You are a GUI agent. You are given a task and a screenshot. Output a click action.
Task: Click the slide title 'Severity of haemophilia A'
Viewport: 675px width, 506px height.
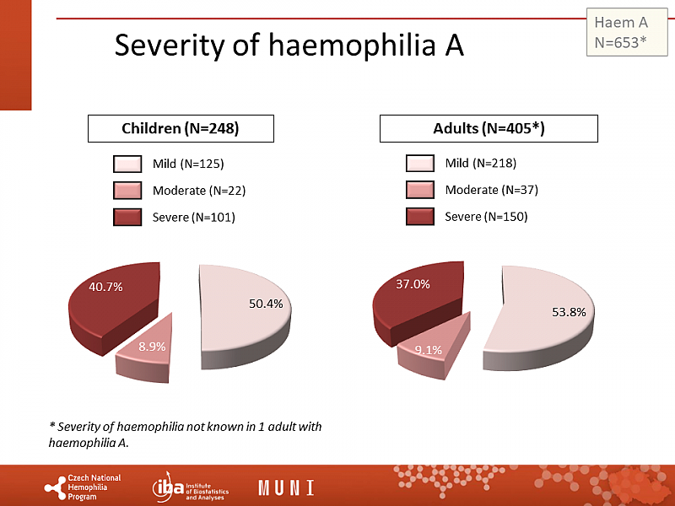289,45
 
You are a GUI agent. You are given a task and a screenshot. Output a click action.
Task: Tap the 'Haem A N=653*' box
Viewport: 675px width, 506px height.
620,31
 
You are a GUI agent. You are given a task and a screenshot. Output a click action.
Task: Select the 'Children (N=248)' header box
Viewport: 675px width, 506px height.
181,128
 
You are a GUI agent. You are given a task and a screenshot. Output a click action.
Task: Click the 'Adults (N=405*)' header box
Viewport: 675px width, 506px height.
489,128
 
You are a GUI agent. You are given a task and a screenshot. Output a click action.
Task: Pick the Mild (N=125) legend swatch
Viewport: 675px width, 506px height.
127,163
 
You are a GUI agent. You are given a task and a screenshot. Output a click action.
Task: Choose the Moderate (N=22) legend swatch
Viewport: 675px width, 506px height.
127,190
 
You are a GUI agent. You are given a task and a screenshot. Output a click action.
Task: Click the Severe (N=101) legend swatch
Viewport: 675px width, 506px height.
127,217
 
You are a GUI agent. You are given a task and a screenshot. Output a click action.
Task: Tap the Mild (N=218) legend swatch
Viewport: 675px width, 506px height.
419,163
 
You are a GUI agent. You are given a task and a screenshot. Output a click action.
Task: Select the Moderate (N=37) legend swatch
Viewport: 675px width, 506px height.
419,190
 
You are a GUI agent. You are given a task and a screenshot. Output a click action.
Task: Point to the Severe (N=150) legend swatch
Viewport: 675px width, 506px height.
419,217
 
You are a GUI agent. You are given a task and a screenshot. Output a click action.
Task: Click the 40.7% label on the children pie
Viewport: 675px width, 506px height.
106,287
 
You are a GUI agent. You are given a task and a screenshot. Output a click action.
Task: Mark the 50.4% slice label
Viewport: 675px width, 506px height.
266,304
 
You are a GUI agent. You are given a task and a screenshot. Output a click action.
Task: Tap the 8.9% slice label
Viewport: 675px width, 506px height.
153,347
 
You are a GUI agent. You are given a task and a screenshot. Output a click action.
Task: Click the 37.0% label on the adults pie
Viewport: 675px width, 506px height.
413,284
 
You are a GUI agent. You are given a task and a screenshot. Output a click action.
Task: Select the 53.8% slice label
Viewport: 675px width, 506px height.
569,312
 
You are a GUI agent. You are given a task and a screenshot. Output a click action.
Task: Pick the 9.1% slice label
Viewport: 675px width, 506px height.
429,350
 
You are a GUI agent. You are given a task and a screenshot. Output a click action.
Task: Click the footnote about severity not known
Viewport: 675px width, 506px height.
186,434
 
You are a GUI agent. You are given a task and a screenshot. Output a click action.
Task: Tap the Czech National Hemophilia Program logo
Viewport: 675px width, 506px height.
83,487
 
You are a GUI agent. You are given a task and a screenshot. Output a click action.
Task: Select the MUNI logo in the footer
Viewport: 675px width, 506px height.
286,487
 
